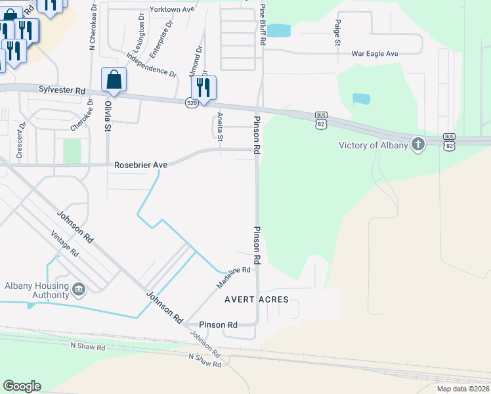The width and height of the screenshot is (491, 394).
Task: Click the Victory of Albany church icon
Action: pos(418,145)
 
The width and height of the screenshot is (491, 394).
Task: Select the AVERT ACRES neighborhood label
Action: pos(257,299)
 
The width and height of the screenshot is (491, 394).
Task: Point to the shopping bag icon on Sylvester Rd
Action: pos(114,80)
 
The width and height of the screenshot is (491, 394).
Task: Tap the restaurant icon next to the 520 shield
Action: pos(203,88)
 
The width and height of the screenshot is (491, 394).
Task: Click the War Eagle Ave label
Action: pos(375,53)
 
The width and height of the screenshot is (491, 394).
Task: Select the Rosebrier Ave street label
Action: pos(140,165)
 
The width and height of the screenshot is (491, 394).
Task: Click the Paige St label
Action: pos(337,32)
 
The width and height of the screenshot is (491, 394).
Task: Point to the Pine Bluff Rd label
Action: pos(263,23)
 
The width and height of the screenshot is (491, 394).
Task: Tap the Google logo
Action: pos(22,386)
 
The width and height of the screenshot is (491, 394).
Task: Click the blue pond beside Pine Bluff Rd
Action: pos(278,30)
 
